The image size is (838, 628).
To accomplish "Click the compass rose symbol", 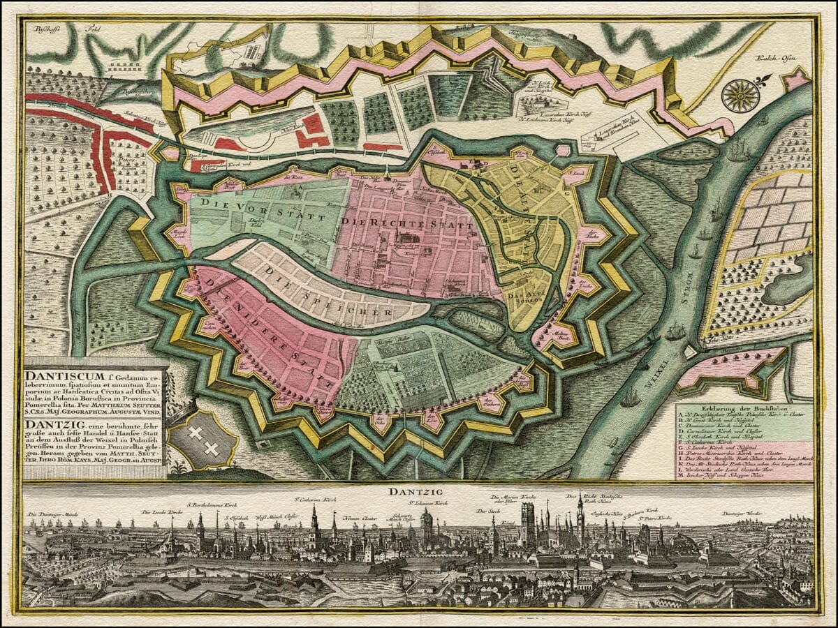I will click(x=741, y=95).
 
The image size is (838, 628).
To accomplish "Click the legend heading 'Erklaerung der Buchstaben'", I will click(x=744, y=408).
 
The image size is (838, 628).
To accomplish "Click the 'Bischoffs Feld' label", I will click(x=63, y=30).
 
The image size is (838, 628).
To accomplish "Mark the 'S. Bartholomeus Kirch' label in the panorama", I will click(x=212, y=504).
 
